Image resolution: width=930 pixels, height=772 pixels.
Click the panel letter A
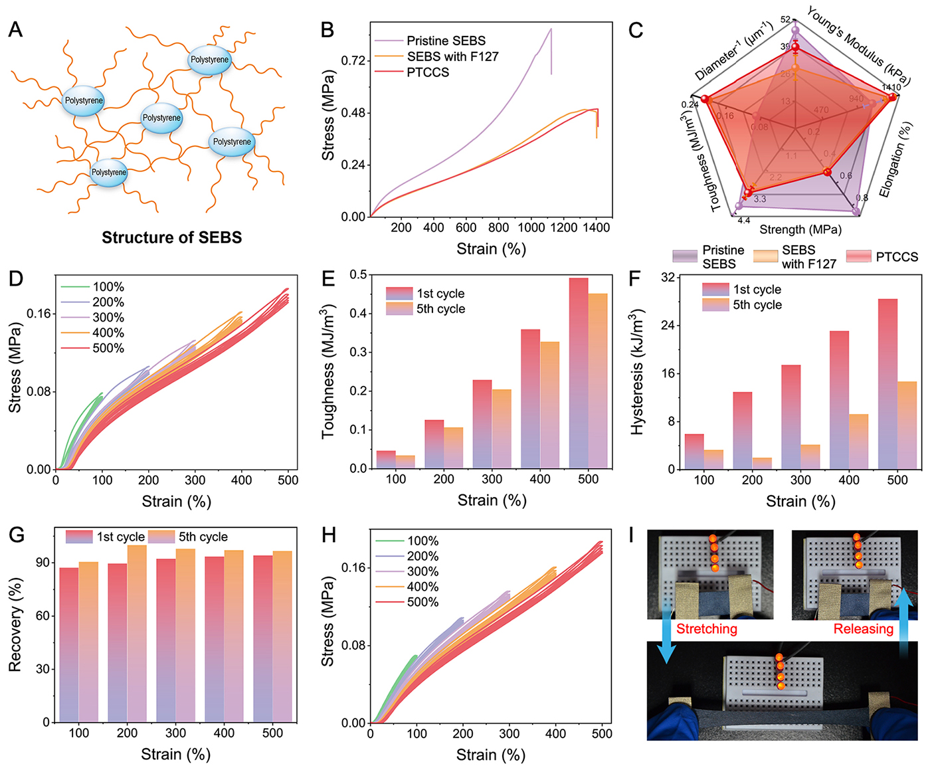pyautogui.click(x=15, y=30)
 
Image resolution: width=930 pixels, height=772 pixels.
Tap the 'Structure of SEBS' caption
pyautogui.click(x=171, y=237)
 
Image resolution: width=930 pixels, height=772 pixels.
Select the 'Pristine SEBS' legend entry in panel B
pyautogui.click(x=446, y=41)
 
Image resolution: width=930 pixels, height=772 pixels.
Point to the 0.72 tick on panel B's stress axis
pyautogui.click(x=353, y=61)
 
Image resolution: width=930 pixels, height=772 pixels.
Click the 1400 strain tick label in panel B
pyautogui.click(x=596, y=228)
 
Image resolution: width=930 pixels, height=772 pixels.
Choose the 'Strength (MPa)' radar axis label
pyautogui.click(x=800, y=230)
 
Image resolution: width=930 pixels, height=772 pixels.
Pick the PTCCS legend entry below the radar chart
pyautogui.click(x=896, y=256)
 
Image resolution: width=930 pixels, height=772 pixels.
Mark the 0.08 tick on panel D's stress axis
pyautogui.click(x=39, y=391)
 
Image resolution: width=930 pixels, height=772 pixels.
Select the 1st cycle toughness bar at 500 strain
pyautogui.click(x=579, y=373)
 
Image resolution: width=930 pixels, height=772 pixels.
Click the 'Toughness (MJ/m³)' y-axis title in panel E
pyautogui.click(x=328, y=372)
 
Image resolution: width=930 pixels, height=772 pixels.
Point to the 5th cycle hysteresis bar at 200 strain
pyautogui.click(x=762, y=463)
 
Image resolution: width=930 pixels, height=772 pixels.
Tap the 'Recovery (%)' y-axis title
pyautogui.click(x=16, y=624)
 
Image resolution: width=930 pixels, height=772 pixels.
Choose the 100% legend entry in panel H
pyautogui.click(x=422, y=541)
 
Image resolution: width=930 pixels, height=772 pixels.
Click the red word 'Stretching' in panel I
pyautogui.click(x=707, y=629)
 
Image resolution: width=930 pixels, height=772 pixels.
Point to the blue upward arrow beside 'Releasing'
pyautogui.click(x=904, y=617)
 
